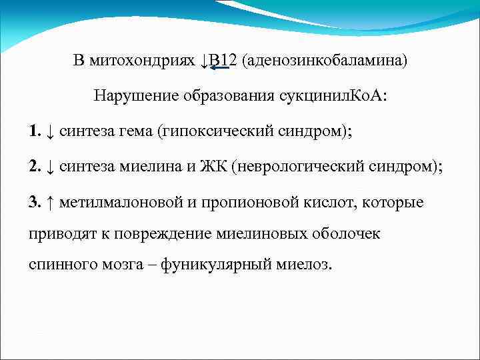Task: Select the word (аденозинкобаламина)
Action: pyautogui.click(x=325, y=61)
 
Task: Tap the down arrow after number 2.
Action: pyautogui.click(x=51, y=166)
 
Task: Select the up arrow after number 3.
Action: pyautogui.click(x=51, y=201)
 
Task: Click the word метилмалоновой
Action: pyautogui.click(x=114, y=201)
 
